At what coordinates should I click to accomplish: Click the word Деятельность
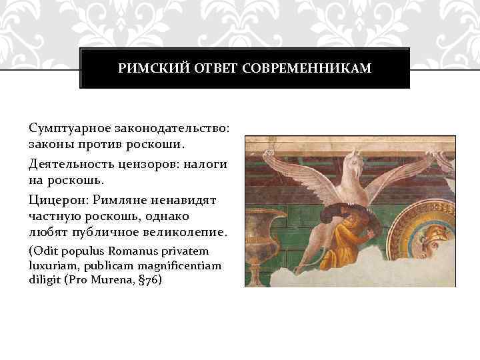point(73,163)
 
